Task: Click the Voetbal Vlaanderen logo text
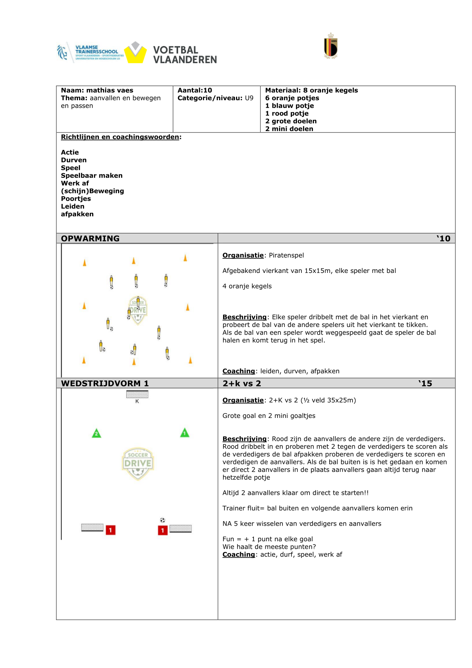click(185, 55)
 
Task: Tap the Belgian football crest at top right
click(331, 46)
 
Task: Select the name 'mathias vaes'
click(110, 90)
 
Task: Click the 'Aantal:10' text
click(195, 90)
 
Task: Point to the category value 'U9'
click(249, 98)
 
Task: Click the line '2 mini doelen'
click(289, 129)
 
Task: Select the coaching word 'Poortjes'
click(76, 199)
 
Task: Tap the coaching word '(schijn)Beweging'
click(92, 191)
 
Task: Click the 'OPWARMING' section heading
click(90, 239)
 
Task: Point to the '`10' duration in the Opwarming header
click(443, 239)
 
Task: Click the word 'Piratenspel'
click(286, 255)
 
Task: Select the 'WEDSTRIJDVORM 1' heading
click(105, 384)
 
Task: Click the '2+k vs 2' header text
click(242, 384)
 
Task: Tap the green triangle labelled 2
click(97, 434)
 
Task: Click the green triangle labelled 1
click(185, 433)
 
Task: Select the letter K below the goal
click(137, 401)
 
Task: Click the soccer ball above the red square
click(163, 520)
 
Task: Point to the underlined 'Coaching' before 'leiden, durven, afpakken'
click(239, 371)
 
